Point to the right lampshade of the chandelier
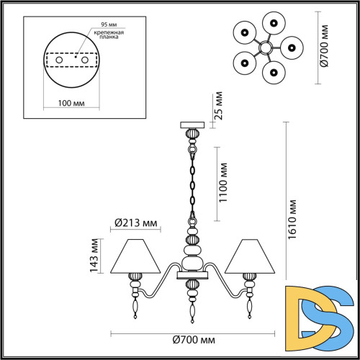click(x=249, y=256)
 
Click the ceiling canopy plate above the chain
click(x=192, y=125)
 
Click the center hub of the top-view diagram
click(x=265, y=47)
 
